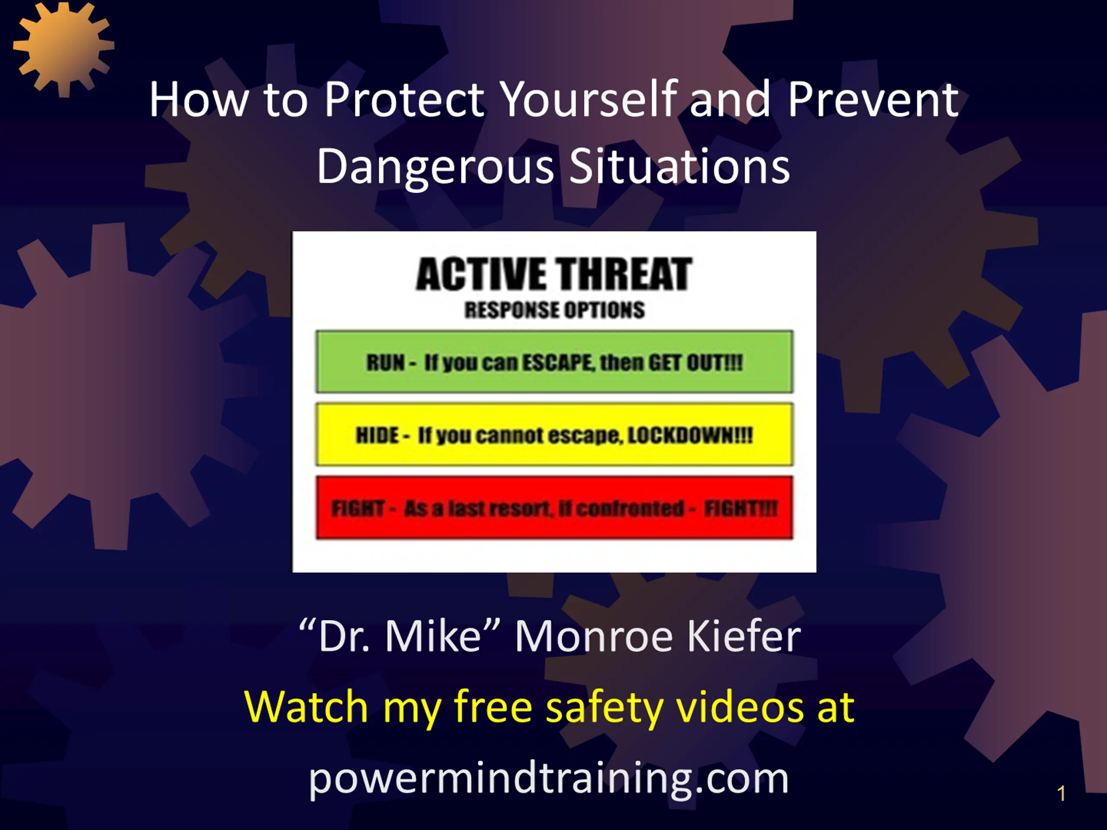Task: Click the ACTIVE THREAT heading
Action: pyautogui.click(x=554, y=274)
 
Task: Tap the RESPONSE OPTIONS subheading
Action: pyautogui.click(x=554, y=310)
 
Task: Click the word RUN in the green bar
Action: pyautogui.click(x=385, y=362)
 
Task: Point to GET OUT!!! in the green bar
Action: pyautogui.click(x=696, y=362)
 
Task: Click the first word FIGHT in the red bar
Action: pyautogui.click(x=358, y=508)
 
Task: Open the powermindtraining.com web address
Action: pyautogui.click(x=548, y=779)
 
